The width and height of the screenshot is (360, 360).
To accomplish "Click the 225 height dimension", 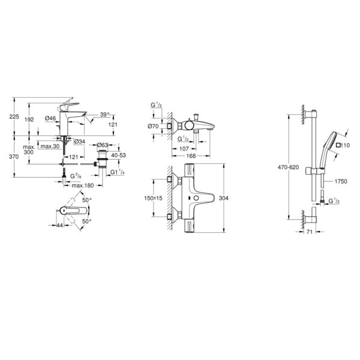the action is [14, 116].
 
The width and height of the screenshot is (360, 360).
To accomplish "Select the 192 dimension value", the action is [29, 119].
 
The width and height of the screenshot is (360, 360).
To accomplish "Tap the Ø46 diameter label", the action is [50, 118].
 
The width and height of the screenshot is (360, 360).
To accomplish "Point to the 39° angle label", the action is [105, 115].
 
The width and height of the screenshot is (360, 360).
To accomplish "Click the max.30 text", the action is [50, 146].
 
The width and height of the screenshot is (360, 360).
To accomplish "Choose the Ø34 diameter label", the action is [80, 142].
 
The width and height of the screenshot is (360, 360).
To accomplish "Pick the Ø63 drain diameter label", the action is [103, 145].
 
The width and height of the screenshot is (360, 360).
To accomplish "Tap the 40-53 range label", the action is [118, 155].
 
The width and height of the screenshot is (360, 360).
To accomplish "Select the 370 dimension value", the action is [14, 157].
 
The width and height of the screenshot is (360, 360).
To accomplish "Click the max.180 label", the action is [83, 185].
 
